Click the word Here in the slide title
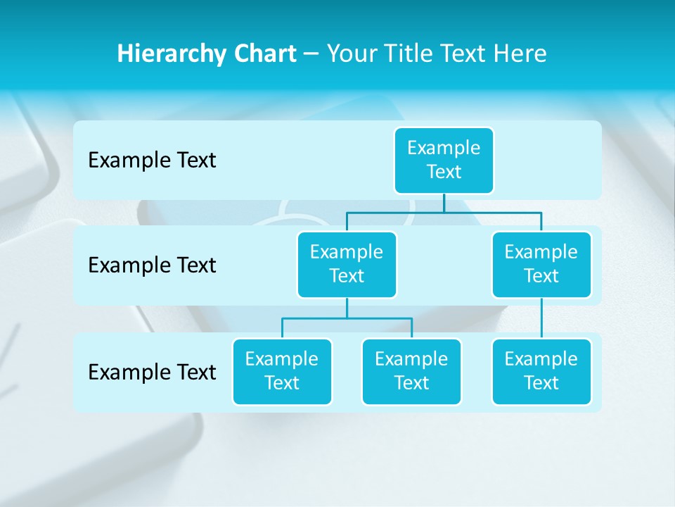click(521, 54)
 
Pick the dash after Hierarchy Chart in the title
click(312, 54)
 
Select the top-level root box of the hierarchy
click(444, 160)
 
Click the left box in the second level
click(347, 264)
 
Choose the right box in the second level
click(541, 264)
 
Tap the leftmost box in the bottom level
click(282, 371)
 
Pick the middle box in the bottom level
click(411, 371)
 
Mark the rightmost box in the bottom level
click(541, 371)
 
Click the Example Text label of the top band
click(152, 161)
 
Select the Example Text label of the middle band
click(152, 265)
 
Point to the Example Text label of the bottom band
click(152, 372)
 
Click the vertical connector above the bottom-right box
click(541, 318)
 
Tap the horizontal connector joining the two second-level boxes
click(444, 212)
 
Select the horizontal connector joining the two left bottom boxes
click(347, 318)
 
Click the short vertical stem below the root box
click(444, 203)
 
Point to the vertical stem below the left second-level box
click(347, 308)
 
